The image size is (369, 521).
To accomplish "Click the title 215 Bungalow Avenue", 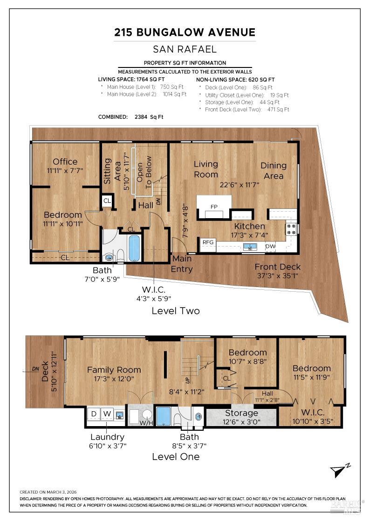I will (185, 32).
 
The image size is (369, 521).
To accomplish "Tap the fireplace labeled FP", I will (214, 207).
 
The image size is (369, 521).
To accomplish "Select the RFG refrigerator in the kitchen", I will (208, 242).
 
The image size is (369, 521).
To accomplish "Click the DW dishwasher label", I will (270, 246).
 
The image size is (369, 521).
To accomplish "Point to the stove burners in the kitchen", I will (291, 228).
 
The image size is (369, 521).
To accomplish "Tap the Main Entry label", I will (182, 264).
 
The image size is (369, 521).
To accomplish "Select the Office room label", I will (65, 161).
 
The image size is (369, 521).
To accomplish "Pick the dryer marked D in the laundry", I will (93, 414).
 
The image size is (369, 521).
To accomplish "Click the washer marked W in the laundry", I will (107, 414).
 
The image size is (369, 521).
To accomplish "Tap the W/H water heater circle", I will (147, 415).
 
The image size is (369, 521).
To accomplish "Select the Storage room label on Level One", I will (241, 413).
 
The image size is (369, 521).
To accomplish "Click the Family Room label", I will (114, 370).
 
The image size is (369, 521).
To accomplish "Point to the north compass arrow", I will (339, 471).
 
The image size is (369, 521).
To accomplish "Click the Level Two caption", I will (176, 311).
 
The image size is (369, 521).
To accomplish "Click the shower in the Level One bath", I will (164, 416).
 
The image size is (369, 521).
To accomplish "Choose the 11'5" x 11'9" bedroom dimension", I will (312, 377).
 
